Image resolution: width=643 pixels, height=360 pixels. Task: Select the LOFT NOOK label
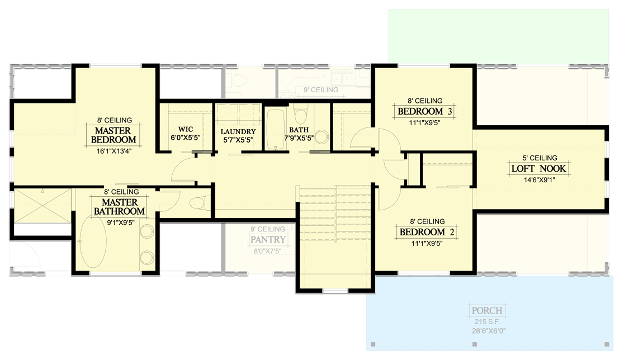[x=538, y=168]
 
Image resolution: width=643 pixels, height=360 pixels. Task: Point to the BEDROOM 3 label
[x=424, y=112]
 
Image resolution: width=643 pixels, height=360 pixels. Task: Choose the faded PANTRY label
[x=268, y=240]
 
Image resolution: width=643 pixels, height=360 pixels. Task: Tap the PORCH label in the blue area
[x=486, y=311]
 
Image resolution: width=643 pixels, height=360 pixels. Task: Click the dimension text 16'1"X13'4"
[x=114, y=149]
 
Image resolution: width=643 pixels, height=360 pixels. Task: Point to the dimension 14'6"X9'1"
[x=538, y=180]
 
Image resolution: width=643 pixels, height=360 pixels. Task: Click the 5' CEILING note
[x=538, y=158]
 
